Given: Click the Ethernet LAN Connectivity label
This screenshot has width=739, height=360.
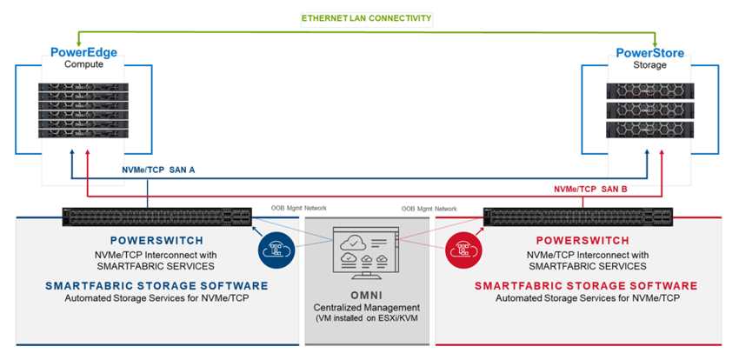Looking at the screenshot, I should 366,17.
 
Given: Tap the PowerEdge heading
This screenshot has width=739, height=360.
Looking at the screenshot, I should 83,52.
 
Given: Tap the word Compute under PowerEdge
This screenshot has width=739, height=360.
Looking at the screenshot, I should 83,64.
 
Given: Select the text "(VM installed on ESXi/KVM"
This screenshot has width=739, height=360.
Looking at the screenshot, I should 366,318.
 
